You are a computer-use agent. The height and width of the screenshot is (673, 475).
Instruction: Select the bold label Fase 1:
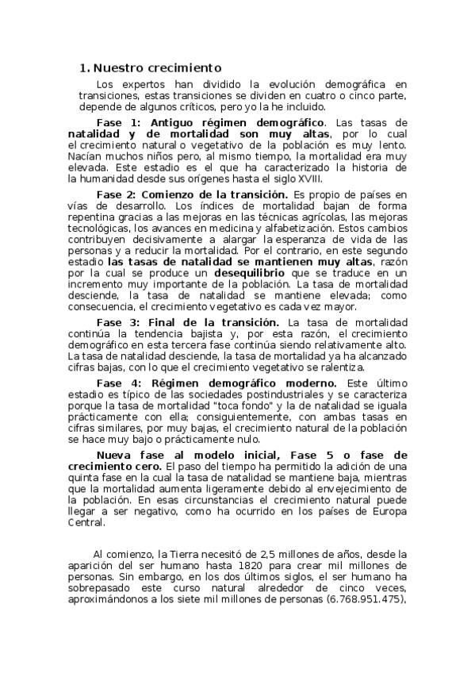pyautogui.click(x=117, y=123)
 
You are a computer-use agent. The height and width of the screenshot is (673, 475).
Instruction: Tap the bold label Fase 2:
pyautogui.click(x=117, y=194)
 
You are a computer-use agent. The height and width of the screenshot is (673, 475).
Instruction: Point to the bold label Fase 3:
pyautogui.click(x=117, y=322)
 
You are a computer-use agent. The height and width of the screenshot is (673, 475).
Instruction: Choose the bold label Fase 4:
pyautogui.click(x=117, y=383)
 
